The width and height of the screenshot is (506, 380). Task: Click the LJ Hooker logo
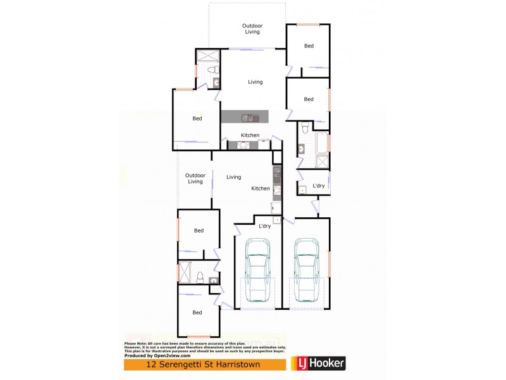(319, 364)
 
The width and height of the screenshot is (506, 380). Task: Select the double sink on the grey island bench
(249, 117)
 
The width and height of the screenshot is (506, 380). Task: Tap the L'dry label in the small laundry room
(319, 186)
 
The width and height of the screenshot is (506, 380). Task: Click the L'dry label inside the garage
(264, 225)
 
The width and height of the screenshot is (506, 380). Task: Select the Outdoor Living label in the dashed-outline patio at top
(252, 28)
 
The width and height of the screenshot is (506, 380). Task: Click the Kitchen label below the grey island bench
(250, 136)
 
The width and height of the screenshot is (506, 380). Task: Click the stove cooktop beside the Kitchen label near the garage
(276, 188)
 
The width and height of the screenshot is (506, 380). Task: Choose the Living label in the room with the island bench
(255, 82)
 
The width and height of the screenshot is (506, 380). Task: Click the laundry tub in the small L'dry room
(303, 189)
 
